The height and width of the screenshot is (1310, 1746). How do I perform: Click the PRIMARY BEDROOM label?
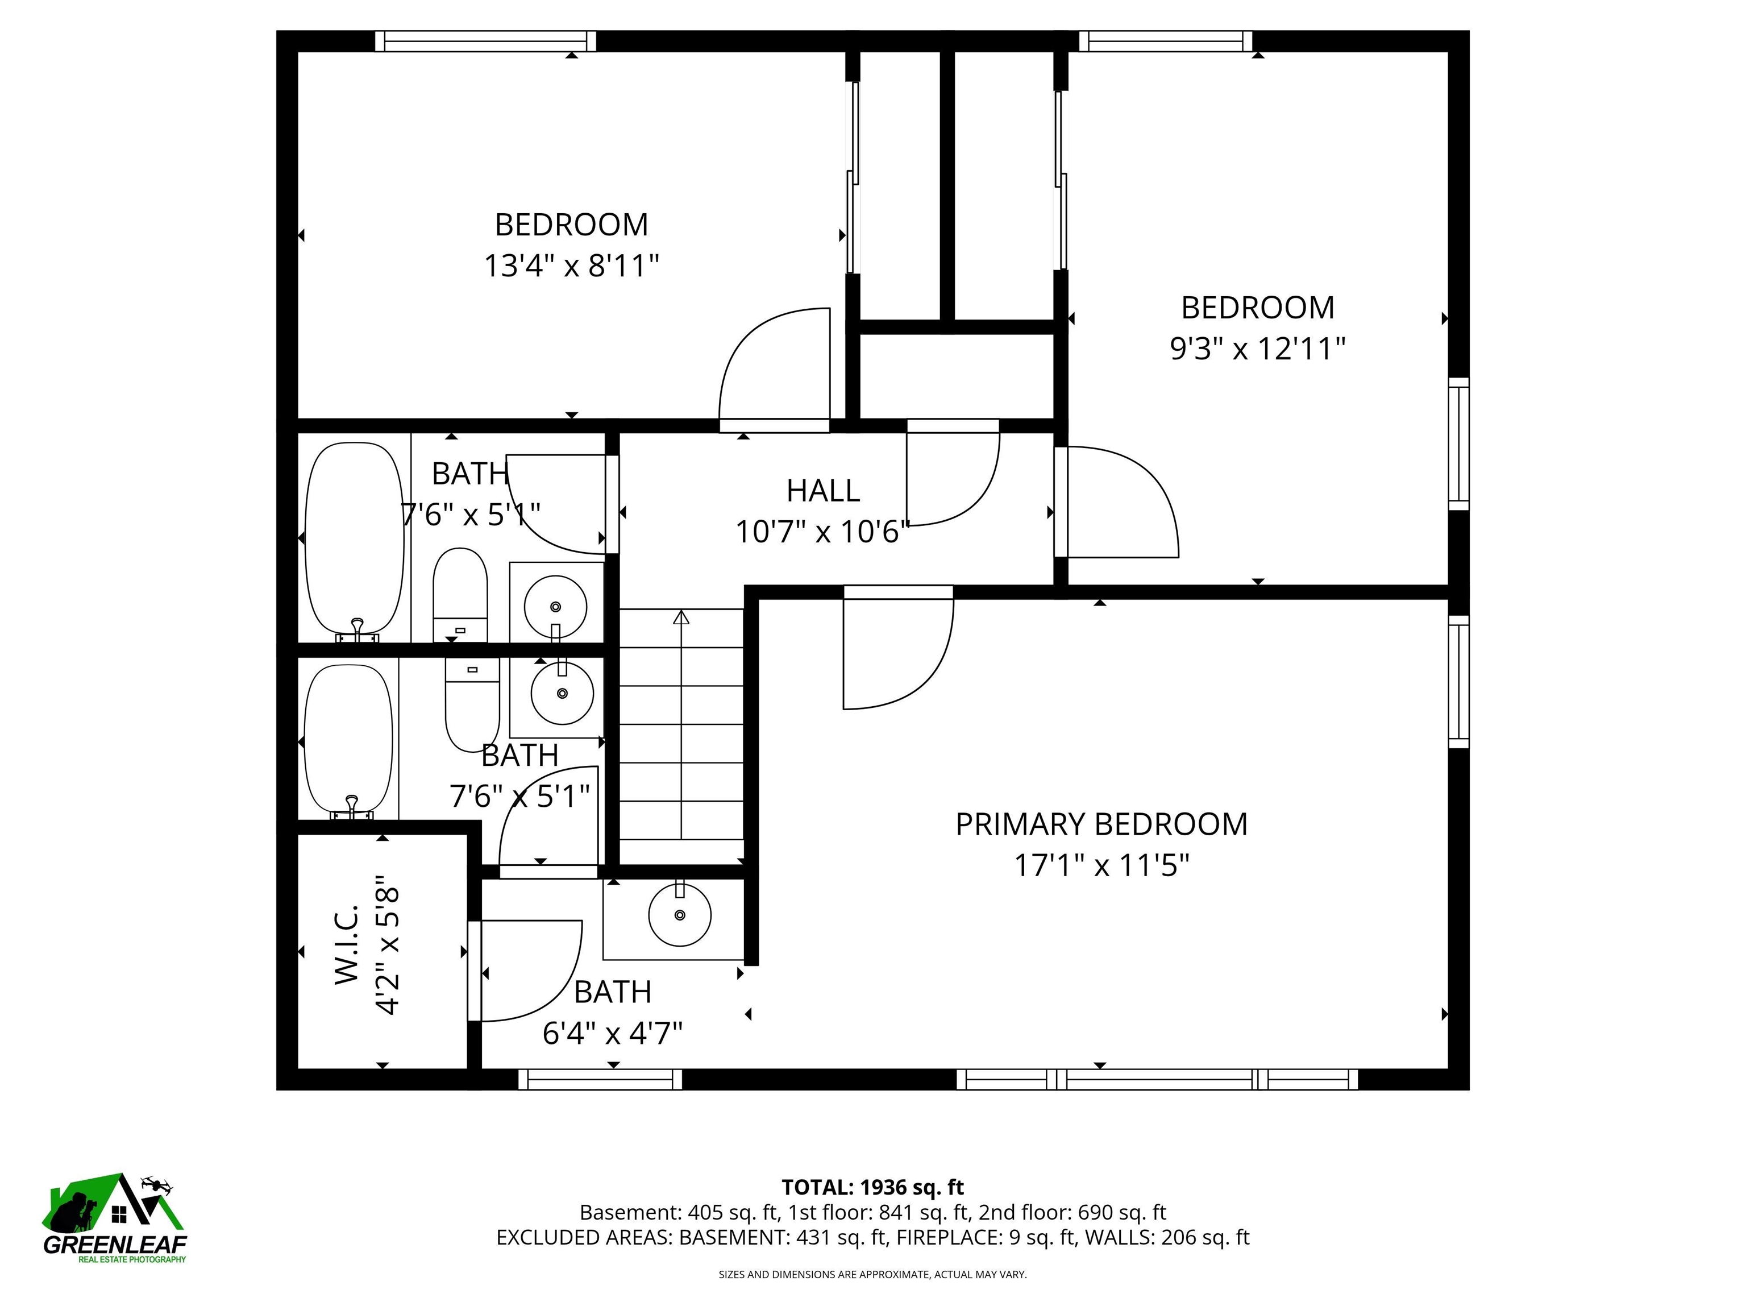[x=1101, y=824]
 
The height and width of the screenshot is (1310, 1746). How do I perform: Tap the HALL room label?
[x=822, y=491]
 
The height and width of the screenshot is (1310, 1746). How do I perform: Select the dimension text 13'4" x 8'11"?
[x=571, y=266]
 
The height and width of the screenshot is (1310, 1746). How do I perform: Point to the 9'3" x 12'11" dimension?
[x=1257, y=348]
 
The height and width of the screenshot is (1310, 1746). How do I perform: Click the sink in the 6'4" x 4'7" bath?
[x=680, y=915]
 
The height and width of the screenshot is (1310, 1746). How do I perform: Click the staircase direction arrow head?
[x=680, y=617]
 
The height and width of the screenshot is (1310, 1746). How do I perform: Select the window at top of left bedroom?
[x=485, y=41]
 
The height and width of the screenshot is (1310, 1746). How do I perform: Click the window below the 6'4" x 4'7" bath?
[x=600, y=1079]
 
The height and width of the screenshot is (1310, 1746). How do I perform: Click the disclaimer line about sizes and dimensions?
[x=872, y=1275]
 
